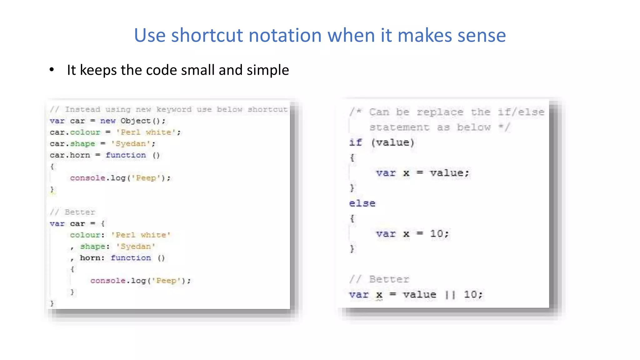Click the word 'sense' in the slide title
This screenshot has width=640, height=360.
tap(482, 35)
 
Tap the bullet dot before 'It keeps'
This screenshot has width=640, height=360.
tap(52, 70)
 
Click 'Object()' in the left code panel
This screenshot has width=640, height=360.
tap(142, 121)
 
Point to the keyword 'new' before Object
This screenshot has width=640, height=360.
tap(108, 121)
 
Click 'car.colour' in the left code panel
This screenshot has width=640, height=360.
tap(75, 132)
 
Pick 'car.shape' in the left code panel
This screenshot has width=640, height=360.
tap(72, 144)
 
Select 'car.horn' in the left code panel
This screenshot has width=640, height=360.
tap(70, 155)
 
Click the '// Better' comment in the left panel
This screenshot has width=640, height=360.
tap(72, 212)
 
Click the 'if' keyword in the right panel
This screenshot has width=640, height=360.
tap(356, 142)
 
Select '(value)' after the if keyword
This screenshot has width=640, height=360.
tap(392, 142)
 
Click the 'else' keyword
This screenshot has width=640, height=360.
tap(362, 203)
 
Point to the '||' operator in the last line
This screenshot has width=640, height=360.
tap(450, 295)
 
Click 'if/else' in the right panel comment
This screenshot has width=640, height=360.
tap(521, 112)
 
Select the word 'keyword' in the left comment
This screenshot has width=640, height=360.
tap(174, 109)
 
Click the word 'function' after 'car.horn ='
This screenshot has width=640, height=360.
tap(126, 155)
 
